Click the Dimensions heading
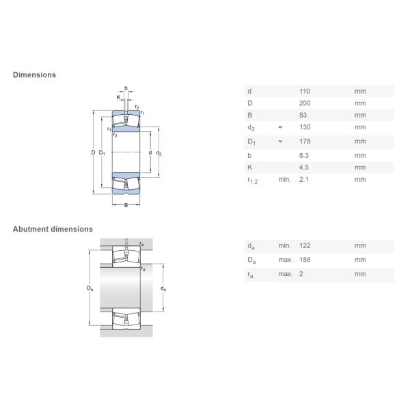(34, 74)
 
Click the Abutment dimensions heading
(53, 229)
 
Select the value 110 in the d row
(305, 92)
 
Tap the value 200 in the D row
(305, 103)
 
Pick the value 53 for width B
(303, 115)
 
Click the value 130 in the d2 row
(305, 127)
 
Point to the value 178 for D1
(305, 141)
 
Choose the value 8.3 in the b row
(304, 156)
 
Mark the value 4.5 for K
(304, 167)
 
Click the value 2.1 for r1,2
(304, 179)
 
